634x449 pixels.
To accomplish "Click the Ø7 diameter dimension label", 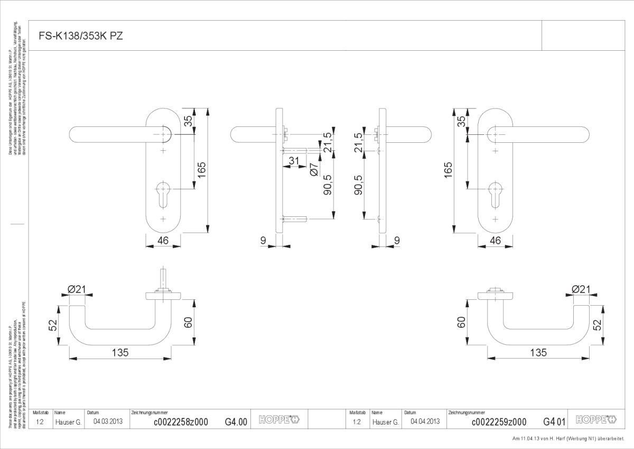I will pos(314,169).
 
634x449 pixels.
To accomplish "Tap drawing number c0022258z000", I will pos(181,421).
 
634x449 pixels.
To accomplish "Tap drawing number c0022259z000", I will pos(499,421).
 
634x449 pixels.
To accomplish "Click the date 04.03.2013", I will pos(108,421).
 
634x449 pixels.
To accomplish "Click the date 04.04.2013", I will pos(425,421).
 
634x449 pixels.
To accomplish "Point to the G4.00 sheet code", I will pos(236,421).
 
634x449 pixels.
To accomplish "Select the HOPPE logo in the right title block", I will pos(595,420).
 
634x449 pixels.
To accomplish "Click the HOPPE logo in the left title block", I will pos(278,420).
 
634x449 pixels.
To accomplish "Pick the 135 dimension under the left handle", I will pos(120,353).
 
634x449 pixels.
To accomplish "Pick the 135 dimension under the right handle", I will pos(538,353).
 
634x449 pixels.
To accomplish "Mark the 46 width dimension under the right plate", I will pos(495,241).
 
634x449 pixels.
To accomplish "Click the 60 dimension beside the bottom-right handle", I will pos(461,322).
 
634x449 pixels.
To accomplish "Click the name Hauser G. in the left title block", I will pos(68,421).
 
